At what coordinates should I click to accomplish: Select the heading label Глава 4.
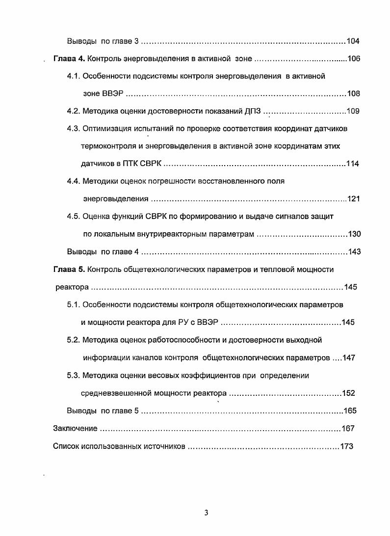coord(69,59)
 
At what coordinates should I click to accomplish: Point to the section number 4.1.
coord(73,76)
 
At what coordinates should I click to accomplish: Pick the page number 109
coord(353,111)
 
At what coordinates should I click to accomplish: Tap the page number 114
coord(353,164)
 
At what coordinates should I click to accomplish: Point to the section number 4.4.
coord(73,181)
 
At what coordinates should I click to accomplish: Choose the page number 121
coord(354,199)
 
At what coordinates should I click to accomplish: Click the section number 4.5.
coord(73,217)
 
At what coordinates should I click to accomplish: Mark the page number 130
coord(354,234)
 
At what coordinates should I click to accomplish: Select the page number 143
coord(354,252)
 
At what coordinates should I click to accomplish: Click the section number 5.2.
coord(73,340)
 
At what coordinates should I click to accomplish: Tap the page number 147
coord(349,358)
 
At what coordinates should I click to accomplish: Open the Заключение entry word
coord(75,429)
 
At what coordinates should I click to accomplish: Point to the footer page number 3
coord(207,513)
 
